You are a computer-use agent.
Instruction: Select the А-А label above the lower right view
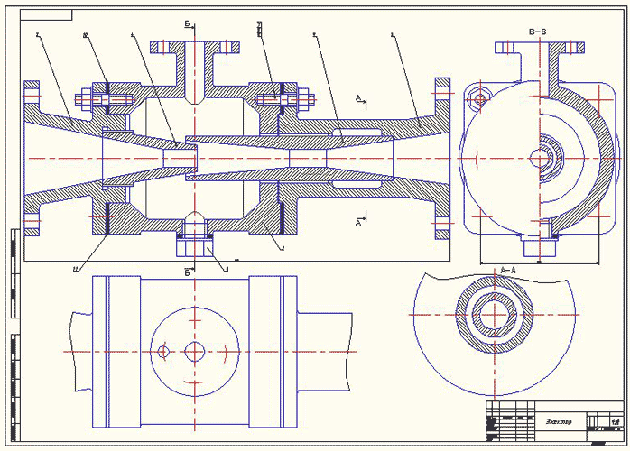tap(507, 269)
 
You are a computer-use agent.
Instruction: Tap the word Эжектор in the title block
tap(560, 422)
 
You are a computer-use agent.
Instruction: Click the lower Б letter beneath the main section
tap(188, 270)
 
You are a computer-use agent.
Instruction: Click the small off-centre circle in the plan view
tap(163, 350)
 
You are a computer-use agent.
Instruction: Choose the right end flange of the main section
tap(442, 158)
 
